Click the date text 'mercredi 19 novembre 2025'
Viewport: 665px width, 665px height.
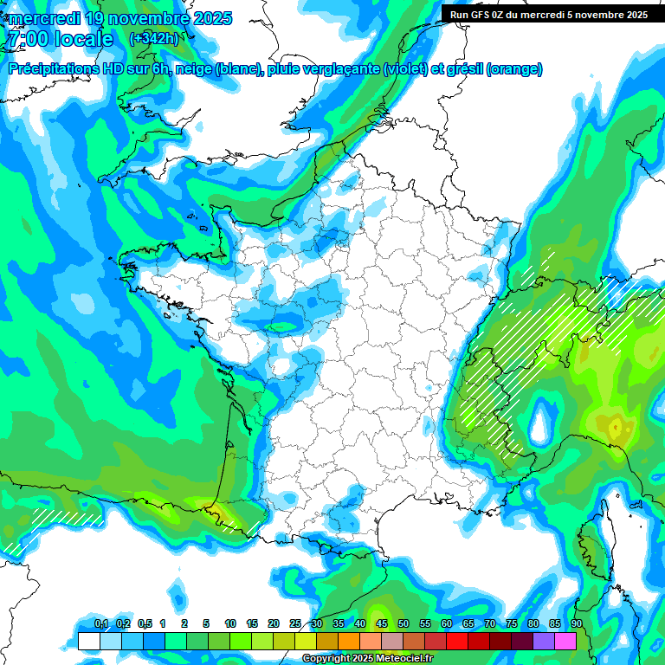click(x=119, y=18)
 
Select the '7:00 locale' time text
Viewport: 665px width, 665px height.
click(x=60, y=39)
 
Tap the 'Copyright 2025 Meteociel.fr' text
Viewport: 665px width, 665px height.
click(x=367, y=659)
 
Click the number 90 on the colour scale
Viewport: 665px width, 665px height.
click(x=576, y=623)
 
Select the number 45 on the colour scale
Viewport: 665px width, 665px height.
click(x=382, y=623)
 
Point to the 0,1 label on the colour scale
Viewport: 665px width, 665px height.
click(x=101, y=623)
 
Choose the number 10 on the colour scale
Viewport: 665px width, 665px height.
click(x=230, y=623)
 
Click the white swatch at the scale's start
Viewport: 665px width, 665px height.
click(x=88, y=641)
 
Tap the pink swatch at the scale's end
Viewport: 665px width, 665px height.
click(x=565, y=641)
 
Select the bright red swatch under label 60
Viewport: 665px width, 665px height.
click(x=457, y=641)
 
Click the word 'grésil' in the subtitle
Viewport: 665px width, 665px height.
click(x=462, y=69)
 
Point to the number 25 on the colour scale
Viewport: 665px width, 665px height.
click(x=295, y=623)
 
